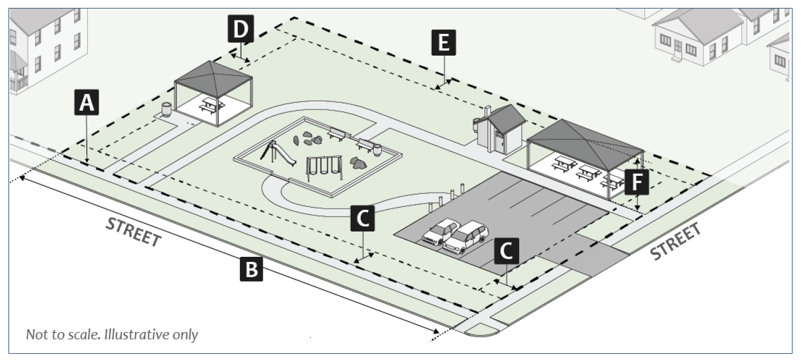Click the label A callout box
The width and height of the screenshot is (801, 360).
86,103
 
